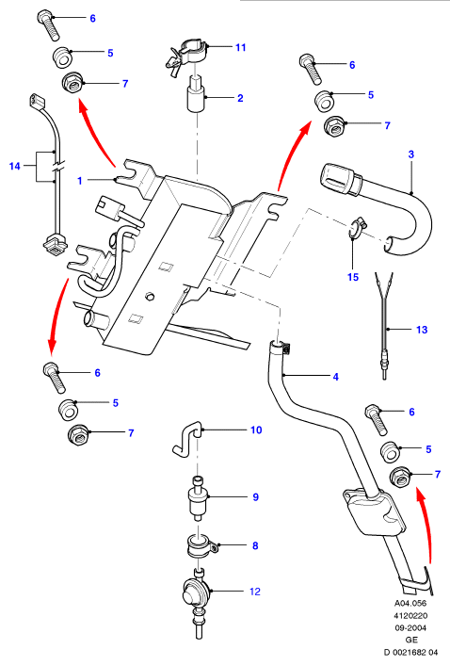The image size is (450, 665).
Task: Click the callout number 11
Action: click(x=241, y=47)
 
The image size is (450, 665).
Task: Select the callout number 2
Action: click(x=240, y=98)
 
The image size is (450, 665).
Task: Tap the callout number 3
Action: click(x=411, y=154)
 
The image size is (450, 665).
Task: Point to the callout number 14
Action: click(x=14, y=166)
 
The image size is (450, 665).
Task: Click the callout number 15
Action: click(x=353, y=277)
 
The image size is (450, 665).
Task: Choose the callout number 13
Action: click(x=422, y=330)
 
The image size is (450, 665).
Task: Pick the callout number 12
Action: click(x=255, y=592)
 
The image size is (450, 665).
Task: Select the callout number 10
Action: click(x=256, y=430)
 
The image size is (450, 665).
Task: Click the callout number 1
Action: click(x=80, y=181)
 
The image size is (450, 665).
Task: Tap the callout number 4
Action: click(x=335, y=376)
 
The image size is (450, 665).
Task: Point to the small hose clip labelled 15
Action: click(x=357, y=226)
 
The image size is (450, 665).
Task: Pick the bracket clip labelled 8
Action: click(x=202, y=545)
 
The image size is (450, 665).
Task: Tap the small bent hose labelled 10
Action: click(x=186, y=439)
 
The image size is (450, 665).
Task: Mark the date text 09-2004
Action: click(x=411, y=627)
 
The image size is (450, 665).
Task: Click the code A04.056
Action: click(x=410, y=603)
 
